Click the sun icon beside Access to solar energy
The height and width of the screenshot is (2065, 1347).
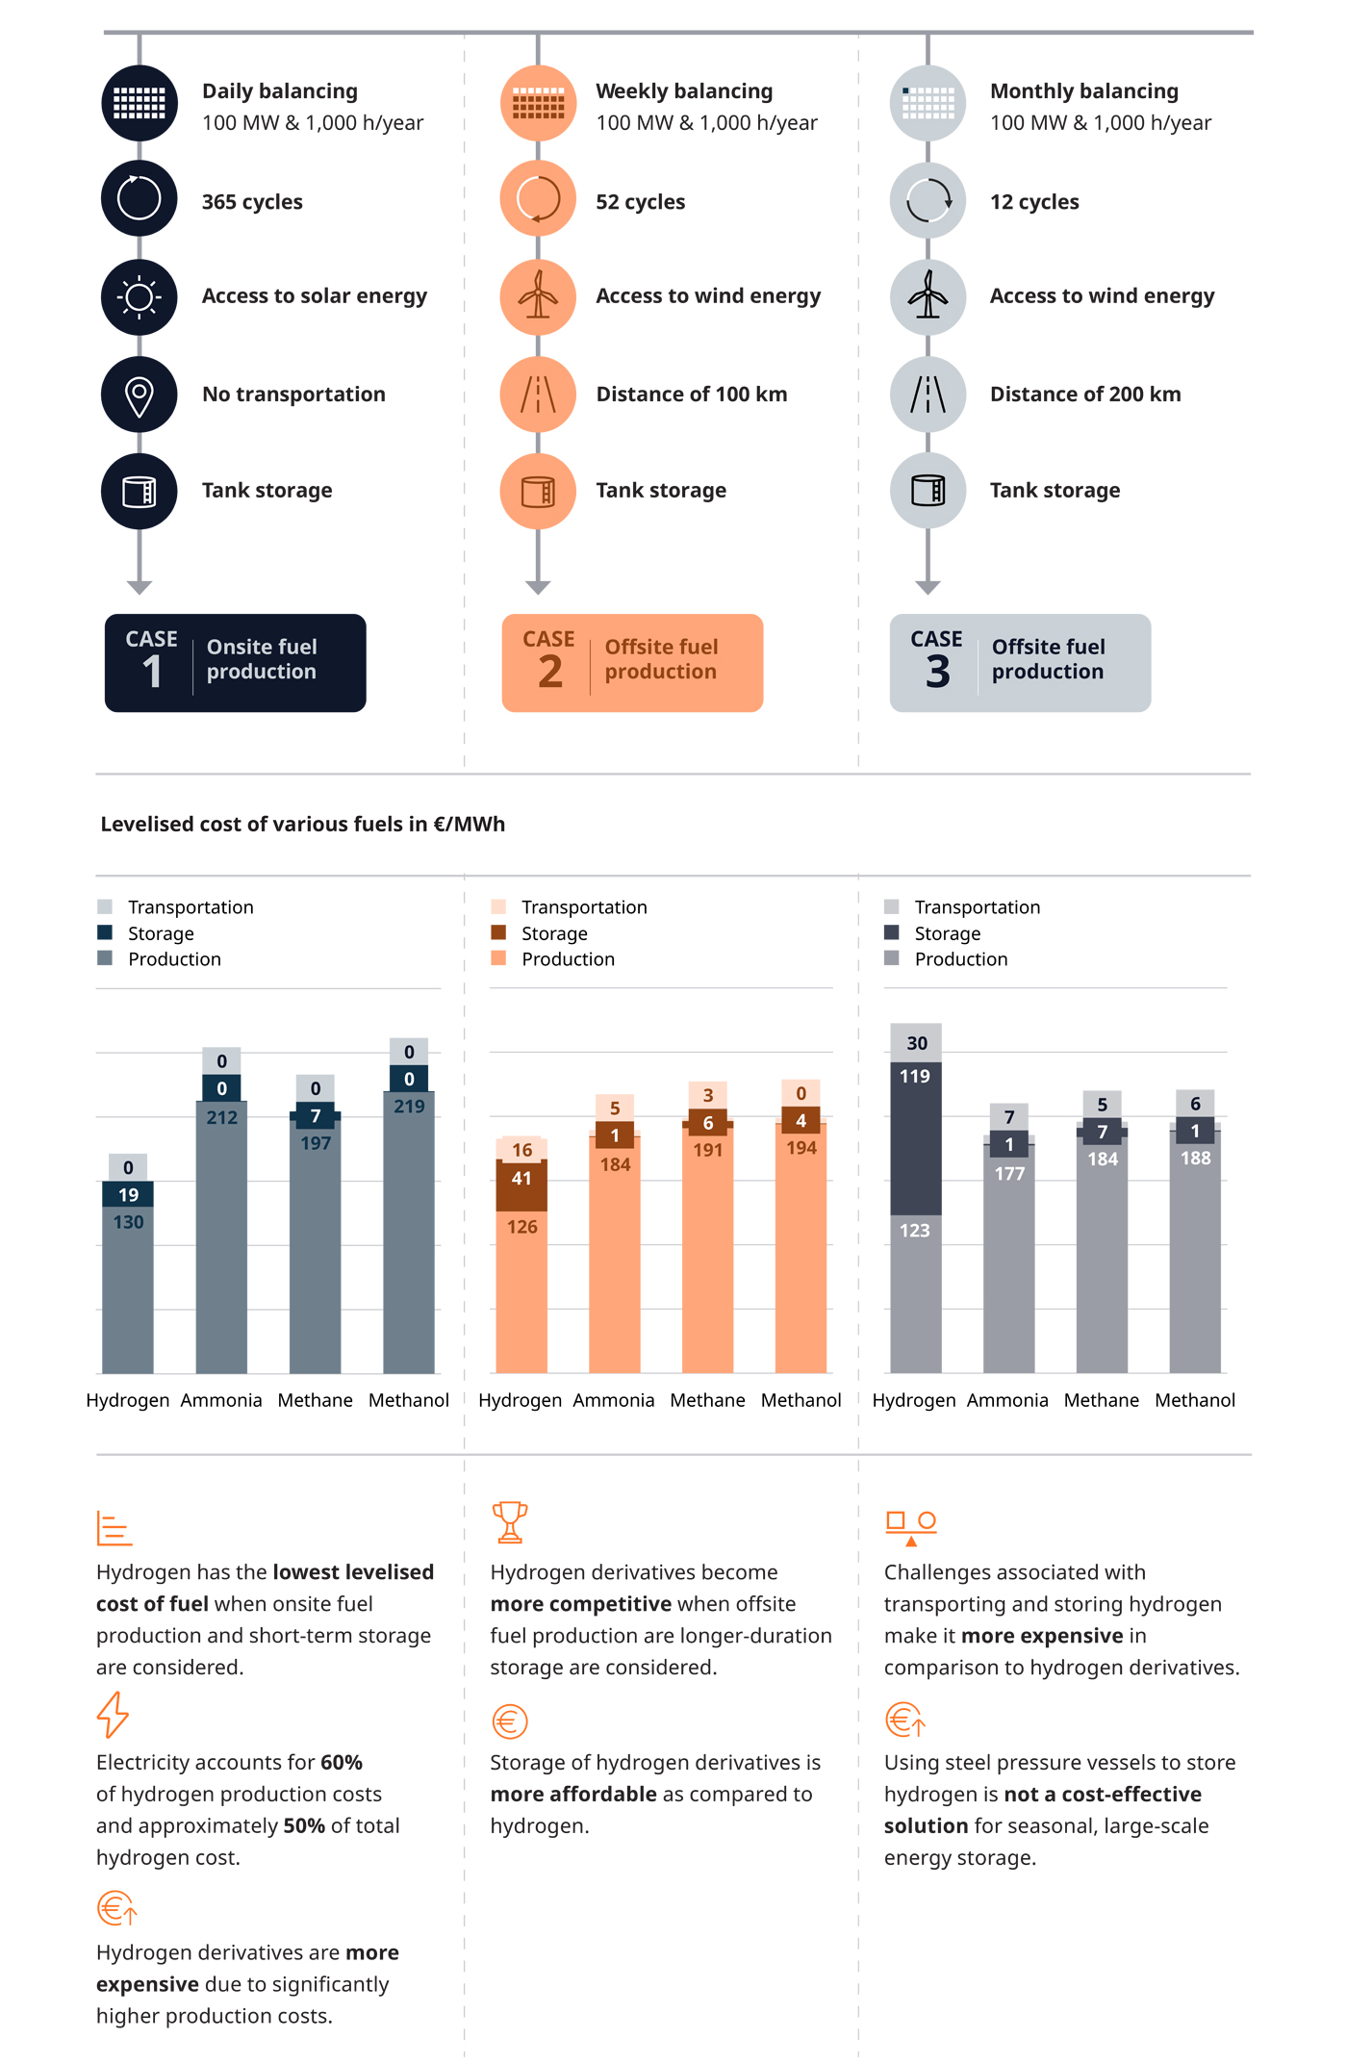click(140, 297)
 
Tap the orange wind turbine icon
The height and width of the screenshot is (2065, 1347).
click(538, 297)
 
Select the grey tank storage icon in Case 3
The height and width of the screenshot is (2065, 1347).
click(928, 491)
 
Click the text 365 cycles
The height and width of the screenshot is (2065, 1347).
click(252, 202)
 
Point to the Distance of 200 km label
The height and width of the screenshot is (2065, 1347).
click(1084, 395)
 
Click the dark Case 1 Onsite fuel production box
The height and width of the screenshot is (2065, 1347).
click(235, 663)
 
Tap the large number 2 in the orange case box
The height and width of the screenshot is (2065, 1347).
click(550, 672)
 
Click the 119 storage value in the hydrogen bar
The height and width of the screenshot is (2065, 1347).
click(915, 1076)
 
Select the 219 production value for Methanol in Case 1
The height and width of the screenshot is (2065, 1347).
click(409, 1107)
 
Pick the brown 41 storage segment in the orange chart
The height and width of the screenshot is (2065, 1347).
click(521, 1179)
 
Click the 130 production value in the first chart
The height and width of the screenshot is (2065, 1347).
click(128, 1222)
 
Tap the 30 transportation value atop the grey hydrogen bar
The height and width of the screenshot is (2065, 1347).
click(916, 1043)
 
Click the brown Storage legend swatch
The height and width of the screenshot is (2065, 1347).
click(498, 932)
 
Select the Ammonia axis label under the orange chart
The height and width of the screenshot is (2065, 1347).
click(614, 1400)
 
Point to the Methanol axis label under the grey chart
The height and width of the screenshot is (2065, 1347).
click(1195, 1400)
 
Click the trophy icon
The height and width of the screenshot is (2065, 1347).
click(510, 1521)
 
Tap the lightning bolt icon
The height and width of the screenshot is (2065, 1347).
click(113, 1715)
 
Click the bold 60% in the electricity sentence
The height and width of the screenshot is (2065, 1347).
click(341, 1762)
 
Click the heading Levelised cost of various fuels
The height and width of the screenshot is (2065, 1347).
click(302, 824)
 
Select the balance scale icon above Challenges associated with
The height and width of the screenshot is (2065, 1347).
click(910, 1526)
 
